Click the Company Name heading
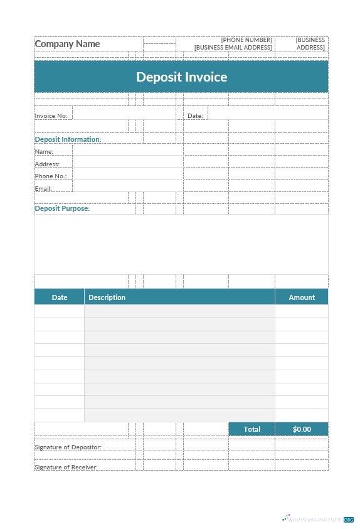[x=67, y=44]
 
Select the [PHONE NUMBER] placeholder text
[x=246, y=40]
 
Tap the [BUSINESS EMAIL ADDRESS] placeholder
[x=233, y=48]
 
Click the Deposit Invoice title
[x=181, y=77]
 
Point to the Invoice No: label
[x=51, y=116]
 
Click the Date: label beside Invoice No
[x=195, y=116]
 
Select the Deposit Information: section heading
[x=68, y=139]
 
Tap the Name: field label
[x=44, y=152]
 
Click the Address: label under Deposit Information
[x=47, y=164]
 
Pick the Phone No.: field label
[x=50, y=176]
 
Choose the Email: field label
[x=43, y=189]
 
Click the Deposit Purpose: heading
[x=62, y=208]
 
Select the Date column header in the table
[x=60, y=297]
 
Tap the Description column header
[x=107, y=297]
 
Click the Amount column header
[x=302, y=297]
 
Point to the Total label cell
[x=251, y=429]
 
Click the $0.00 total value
[x=302, y=429]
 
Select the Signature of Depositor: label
[x=68, y=447]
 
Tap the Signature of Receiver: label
[x=66, y=468]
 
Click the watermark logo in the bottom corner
[x=318, y=520]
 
